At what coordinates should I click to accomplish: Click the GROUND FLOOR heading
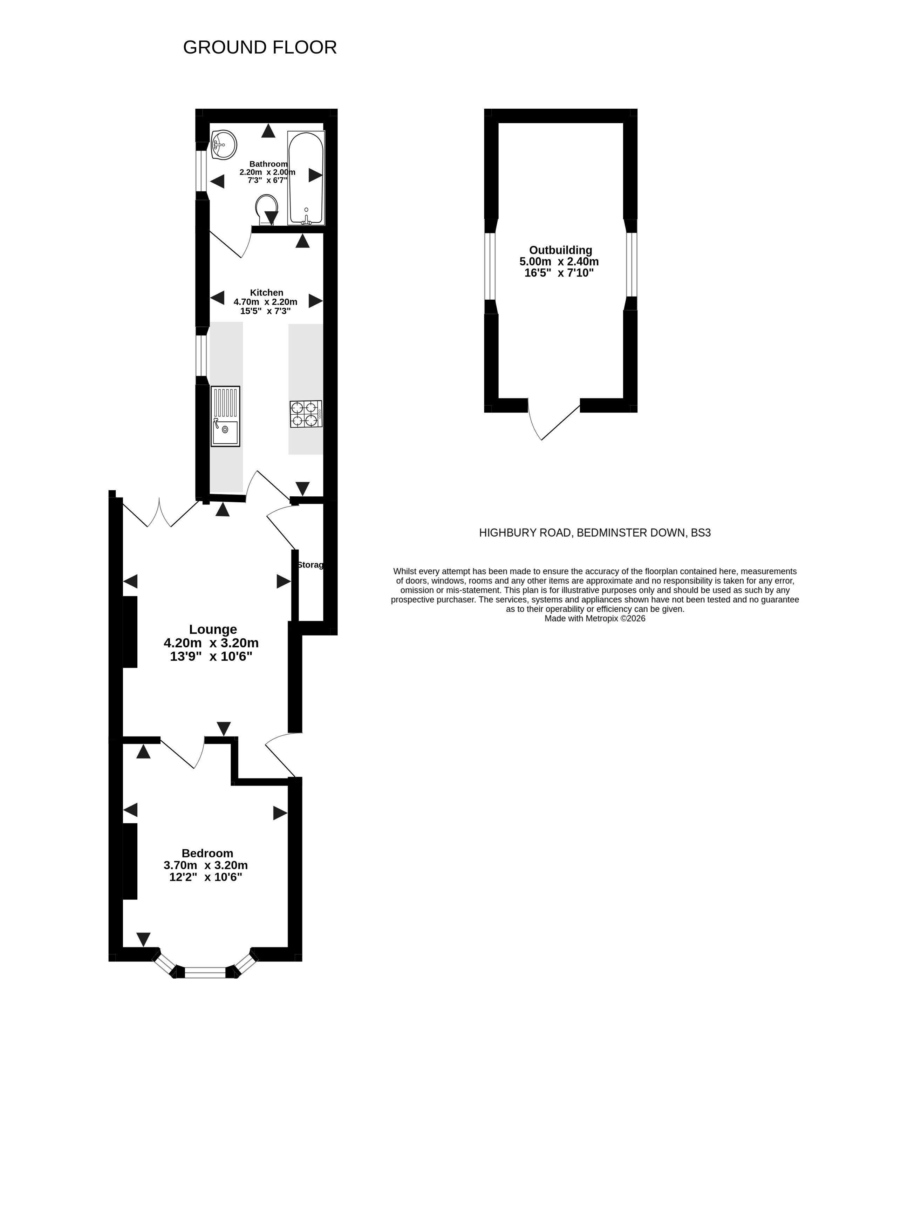point(260,47)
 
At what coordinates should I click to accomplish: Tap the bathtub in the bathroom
point(306,178)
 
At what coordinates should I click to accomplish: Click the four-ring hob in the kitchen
point(306,414)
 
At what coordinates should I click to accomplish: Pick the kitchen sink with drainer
point(225,416)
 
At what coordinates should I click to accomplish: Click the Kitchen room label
point(266,293)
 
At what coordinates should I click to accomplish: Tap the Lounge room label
point(213,630)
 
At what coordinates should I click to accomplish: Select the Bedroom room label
point(207,853)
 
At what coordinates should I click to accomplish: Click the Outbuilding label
point(561,250)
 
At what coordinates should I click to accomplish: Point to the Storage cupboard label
point(310,564)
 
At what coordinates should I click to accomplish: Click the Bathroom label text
point(268,164)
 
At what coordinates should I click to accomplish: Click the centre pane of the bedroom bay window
point(205,973)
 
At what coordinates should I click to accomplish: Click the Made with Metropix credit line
point(595,618)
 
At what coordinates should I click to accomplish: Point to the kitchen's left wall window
point(202,355)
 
